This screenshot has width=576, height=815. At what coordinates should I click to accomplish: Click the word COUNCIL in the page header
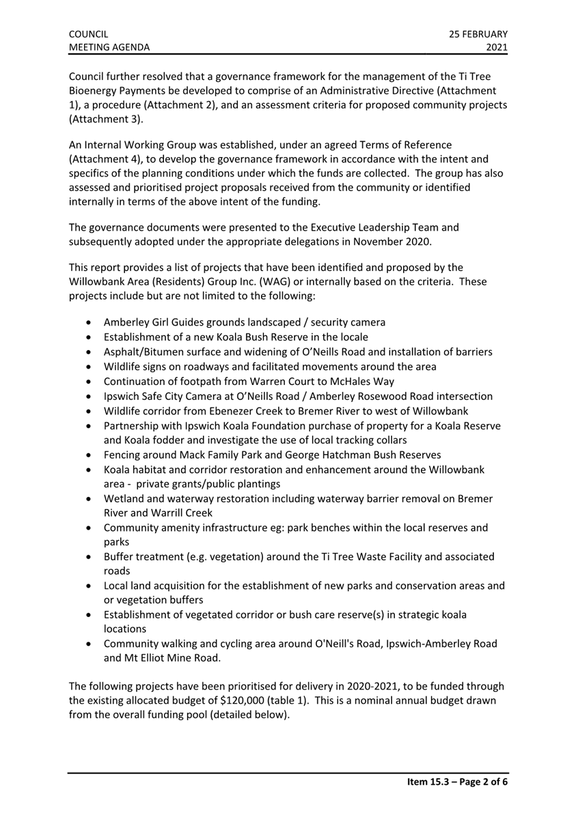coord(89,33)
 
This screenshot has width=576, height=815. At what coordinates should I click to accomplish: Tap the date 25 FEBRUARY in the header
coord(478,33)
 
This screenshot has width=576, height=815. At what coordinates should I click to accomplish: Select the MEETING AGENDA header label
coord(109,47)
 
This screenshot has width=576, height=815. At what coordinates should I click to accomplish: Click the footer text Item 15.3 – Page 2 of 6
coord(453,783)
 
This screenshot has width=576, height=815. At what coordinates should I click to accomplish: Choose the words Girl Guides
coord(186,322)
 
